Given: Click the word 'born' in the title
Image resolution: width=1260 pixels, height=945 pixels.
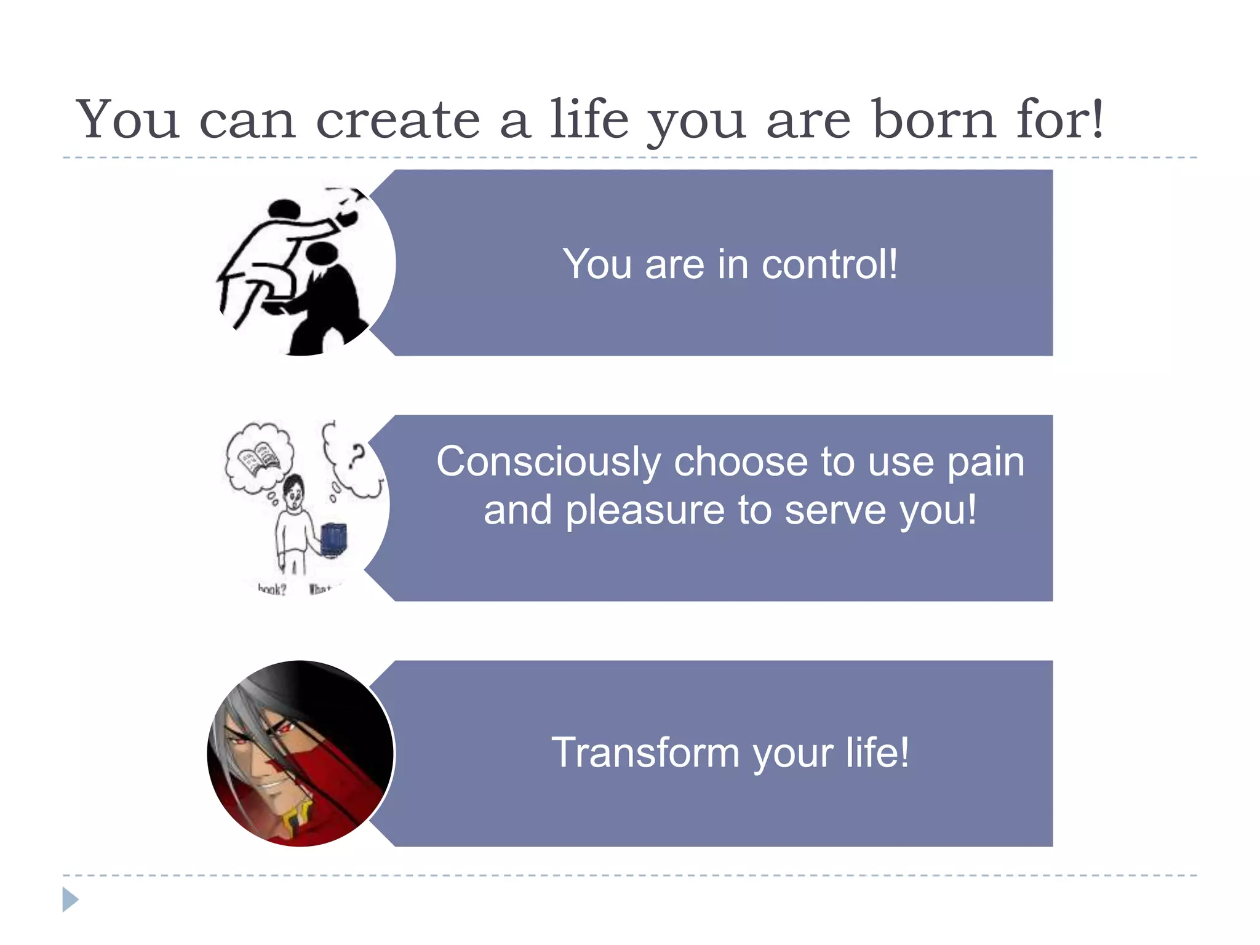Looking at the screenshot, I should click(933, 119).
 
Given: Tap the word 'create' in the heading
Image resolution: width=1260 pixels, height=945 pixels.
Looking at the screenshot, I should click(397, 119).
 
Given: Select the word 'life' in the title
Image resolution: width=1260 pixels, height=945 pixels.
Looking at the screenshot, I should click(589, 119).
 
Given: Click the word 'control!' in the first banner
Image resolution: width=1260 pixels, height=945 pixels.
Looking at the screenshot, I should click(829, 265).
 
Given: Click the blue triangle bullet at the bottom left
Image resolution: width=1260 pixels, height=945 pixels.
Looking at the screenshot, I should click(70, 899).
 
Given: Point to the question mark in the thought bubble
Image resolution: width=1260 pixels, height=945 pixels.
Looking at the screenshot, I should click(356, 457).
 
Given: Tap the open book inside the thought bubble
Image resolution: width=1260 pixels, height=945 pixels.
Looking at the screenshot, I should click(259, 459).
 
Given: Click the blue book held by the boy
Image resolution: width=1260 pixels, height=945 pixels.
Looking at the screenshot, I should click(334, 539).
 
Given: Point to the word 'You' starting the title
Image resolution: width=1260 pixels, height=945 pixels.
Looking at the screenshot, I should click(127, 119).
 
